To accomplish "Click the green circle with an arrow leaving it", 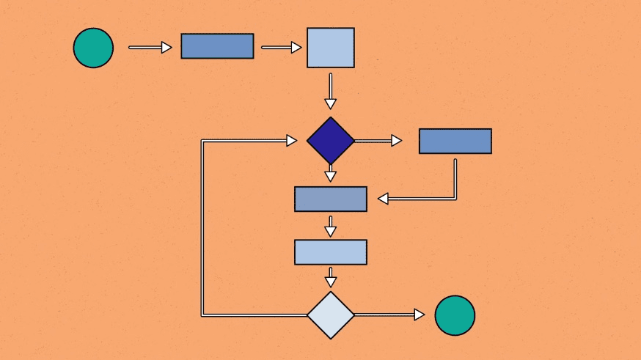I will (x=93, y=48).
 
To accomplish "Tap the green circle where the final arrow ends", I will (x=455, y=315).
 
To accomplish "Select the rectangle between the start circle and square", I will (x=217, y=46).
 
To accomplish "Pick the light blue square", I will (x=331, y=48).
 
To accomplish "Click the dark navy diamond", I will (x=331, y=140).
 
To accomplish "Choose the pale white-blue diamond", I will (x=331, y=315).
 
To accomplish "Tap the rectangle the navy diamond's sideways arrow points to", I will (x=455, y=141).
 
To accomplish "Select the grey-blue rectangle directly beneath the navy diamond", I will (x=331, y=199).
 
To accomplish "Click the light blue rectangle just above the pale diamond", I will (x=331, y=251).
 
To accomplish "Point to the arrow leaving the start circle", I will (x=150, y=48).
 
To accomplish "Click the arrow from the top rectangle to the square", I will (x=281, y=48).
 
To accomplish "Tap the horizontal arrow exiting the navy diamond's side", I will (x=378, y=141).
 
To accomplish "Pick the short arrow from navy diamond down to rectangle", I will (x=331, y=174).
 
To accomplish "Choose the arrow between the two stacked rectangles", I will (x=331, y=226).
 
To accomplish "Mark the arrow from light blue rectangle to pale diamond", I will (x=331, y=276).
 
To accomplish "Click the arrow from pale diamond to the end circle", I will (x=389, y=315).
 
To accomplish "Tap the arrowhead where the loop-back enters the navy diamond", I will (x=291, y=140).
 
